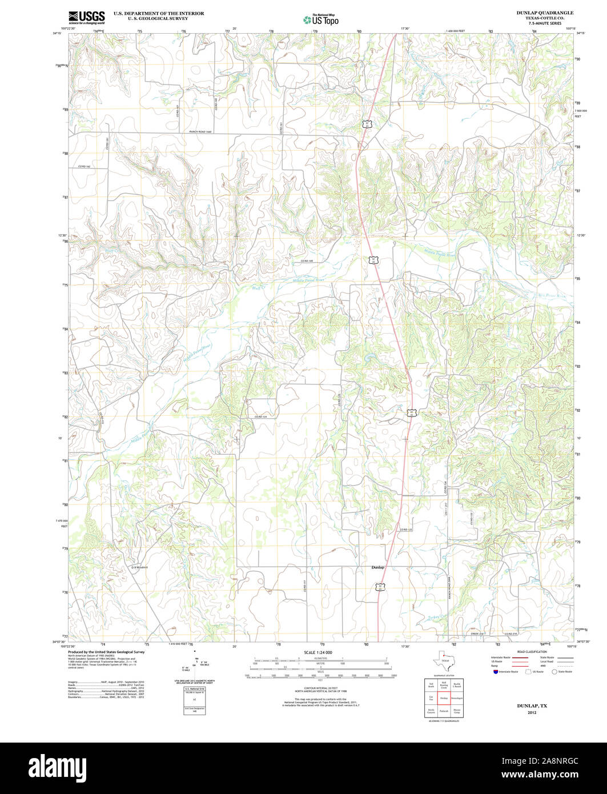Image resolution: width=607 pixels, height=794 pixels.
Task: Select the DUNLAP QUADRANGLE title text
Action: click(x=545, y=13)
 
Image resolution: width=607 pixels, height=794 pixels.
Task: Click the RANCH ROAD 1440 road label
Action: click(x=200, y=133)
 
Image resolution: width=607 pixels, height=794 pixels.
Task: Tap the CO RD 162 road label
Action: click(x=85, y=166)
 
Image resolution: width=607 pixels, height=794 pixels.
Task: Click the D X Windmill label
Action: click(x=139, y=567)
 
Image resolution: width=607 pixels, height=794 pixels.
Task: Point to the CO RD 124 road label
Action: click(x=261, y=417)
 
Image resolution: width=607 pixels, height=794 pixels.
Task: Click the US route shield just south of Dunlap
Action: click(x=379, y=586)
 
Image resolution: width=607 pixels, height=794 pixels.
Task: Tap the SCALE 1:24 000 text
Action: click(x=318, y=652)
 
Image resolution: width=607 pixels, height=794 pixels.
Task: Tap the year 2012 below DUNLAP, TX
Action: click(x=532, y=713)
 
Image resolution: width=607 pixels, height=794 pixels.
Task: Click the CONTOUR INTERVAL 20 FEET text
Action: click(x=318, y=689)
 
